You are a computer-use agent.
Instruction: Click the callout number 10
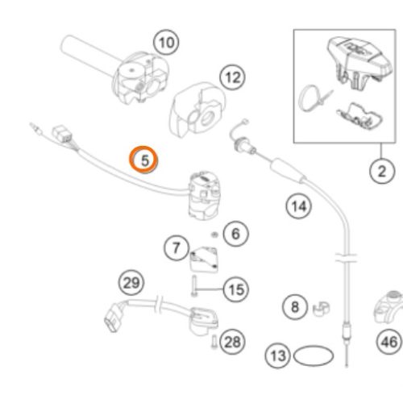(x=166, y=43)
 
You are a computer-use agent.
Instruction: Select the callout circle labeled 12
(x=233, y=77)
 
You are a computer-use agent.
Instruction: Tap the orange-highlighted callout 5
(x=144, y=160)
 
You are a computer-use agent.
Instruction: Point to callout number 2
(x=382, y=171)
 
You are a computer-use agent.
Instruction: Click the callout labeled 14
(x=299, y=206)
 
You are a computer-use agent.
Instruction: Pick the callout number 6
(x=235, y=233)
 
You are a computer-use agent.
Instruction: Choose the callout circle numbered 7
(x=177, y=247)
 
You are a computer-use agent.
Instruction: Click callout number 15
(x=236, y=289)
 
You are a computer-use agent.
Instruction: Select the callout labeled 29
(x=131, y=283)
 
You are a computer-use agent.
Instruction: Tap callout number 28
(x=232, y=342)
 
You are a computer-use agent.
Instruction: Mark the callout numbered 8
(x=295, y=306)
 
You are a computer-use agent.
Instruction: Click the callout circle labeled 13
(x=277, y=355)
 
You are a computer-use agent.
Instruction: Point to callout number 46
(x=389, y=342)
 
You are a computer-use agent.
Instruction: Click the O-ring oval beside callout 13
(x=314, y=348)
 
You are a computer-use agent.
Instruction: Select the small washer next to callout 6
(x=214, y=235)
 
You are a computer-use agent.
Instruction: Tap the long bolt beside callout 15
(x=194, y=286)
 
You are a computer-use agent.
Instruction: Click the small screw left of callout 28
(x=214, y=342)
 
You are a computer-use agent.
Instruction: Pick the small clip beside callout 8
(x=322, y=309)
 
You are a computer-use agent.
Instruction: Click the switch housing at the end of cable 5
(x=204, y=195)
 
